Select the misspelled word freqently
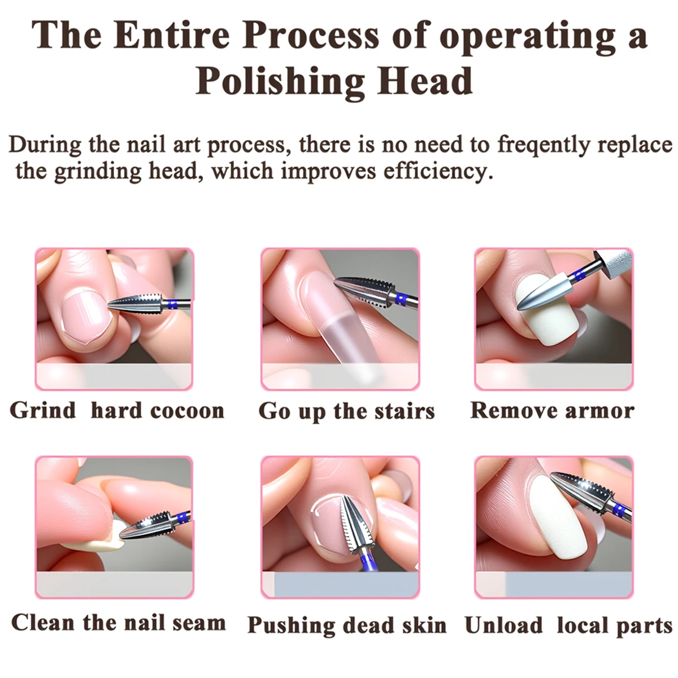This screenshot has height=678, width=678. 542,145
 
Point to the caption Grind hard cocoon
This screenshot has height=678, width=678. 117,410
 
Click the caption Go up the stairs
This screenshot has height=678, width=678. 346,411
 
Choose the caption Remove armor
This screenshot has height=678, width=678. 552,410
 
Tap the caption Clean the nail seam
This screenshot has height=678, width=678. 118,623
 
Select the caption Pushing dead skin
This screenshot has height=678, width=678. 347,625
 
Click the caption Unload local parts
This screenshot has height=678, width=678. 568,625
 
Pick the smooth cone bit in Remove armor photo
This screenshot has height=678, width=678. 545,291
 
